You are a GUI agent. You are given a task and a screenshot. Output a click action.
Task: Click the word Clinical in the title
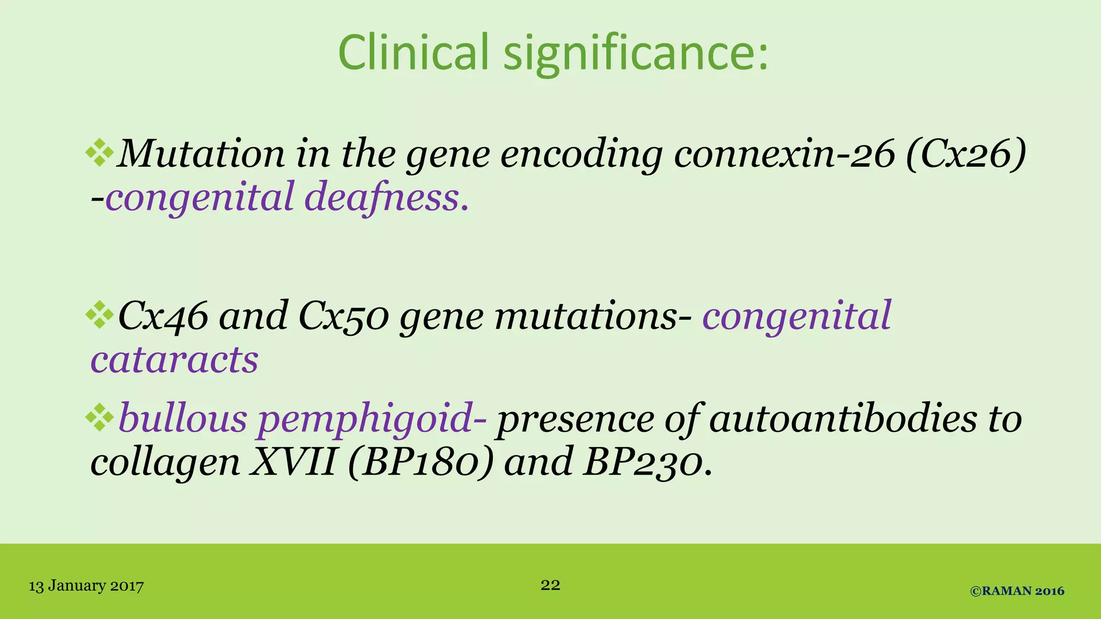[x=413, y=53]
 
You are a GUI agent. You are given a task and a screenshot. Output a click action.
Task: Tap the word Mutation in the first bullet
[x=200, y=154]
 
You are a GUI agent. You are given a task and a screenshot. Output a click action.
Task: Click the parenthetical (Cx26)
[x=966, y=154]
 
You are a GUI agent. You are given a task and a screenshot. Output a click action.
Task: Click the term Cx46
[x=162, y=317]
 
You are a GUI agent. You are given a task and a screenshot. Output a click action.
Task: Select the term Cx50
[x=343, y=317]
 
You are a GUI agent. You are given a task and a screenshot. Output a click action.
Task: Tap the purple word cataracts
[x=174, y=360]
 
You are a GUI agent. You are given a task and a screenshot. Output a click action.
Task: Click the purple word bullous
[x=183, y=419]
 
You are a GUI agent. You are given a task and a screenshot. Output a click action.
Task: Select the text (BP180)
[x=420, y=462]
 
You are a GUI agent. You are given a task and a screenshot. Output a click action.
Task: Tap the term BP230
[x=643, y=462]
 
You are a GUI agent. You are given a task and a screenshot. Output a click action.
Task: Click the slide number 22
[x=550, y=585]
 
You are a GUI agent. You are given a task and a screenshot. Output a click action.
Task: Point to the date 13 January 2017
[x=86, y=586]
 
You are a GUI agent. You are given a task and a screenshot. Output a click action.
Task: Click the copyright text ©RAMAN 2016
[x=1017, y=591]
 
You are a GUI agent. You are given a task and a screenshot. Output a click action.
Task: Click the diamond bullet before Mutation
[x=99, y=153]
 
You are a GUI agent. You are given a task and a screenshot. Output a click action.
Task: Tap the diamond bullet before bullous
[x=99, y=418]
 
